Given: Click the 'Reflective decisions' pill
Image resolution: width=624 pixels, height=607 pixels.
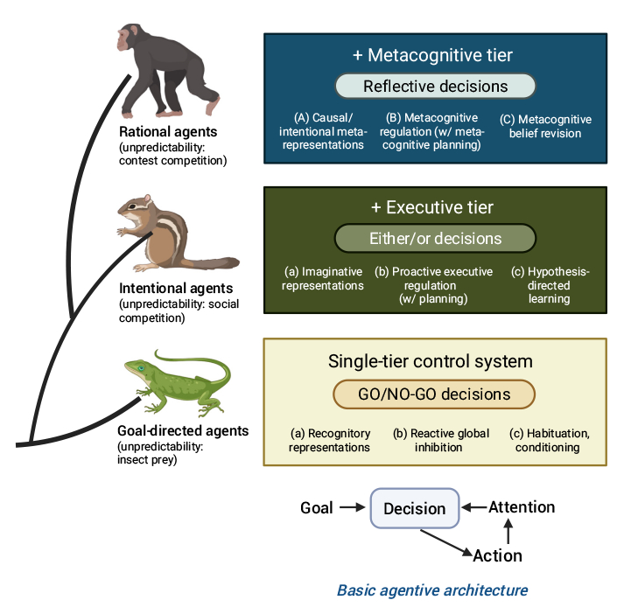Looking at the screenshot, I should (435, 86).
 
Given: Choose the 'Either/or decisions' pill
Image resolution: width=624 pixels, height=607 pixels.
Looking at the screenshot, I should (434, 239).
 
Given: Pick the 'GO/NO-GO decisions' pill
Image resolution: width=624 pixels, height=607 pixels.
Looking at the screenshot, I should (434, 394).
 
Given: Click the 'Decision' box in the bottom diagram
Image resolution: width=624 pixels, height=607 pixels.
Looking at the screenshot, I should (415, 508).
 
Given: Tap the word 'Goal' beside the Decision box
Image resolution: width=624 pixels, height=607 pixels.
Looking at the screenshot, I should (316, 508).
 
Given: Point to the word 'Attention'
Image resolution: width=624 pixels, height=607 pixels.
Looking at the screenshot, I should (522, 506).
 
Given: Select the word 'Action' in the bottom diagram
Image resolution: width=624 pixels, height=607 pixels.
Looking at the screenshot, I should (497, 555).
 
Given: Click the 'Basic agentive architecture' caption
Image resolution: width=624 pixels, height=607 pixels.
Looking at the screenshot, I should (432, 590).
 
